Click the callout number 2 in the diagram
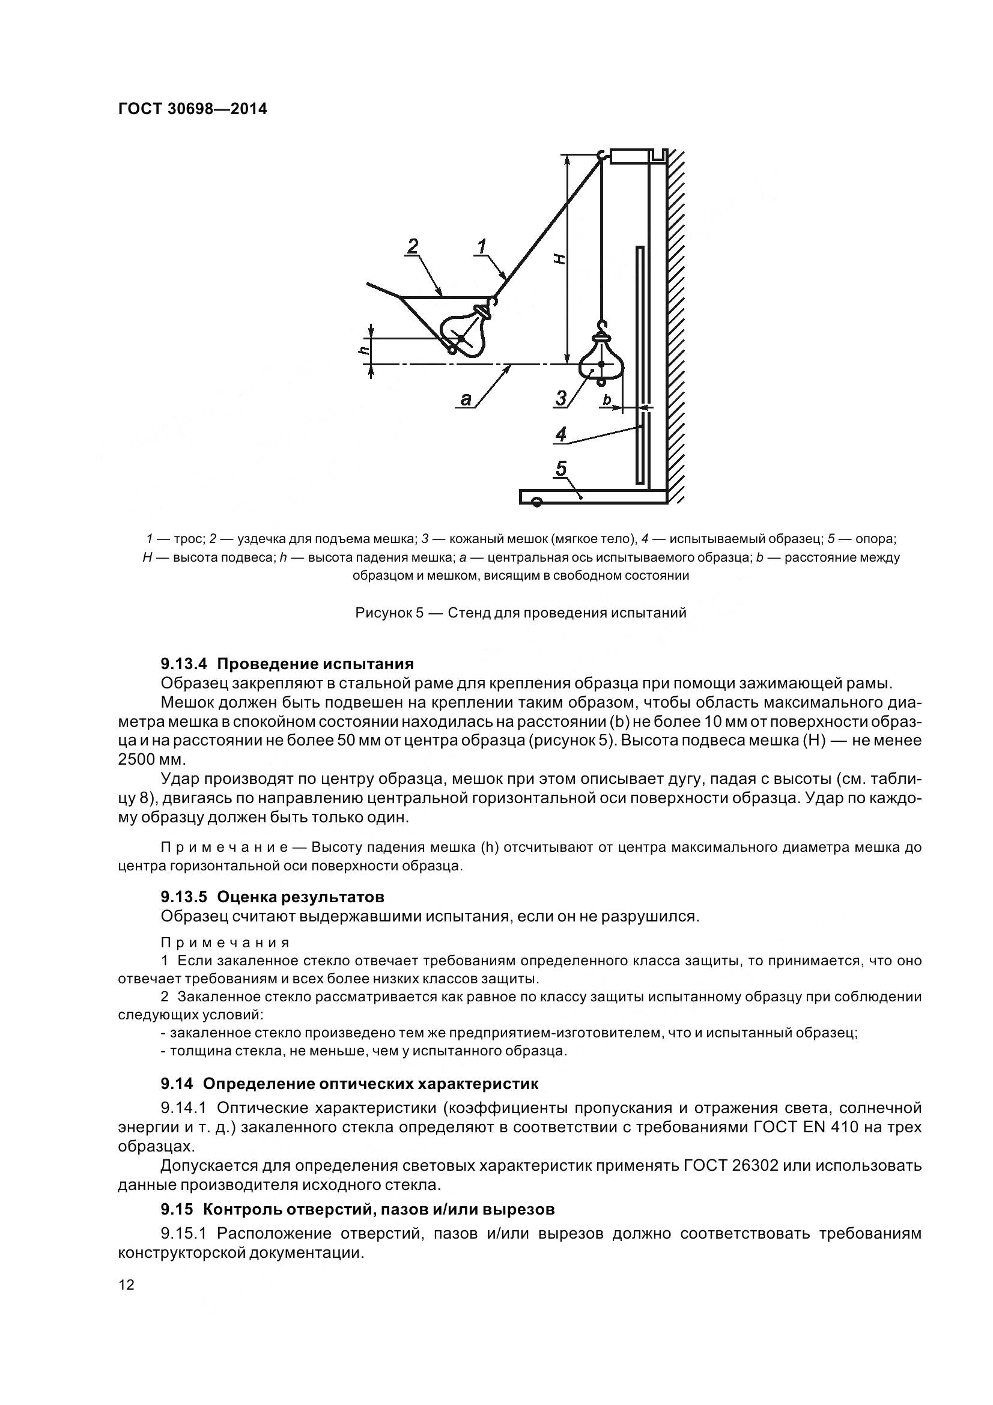coord(413,247)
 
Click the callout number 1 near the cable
coord(482,247)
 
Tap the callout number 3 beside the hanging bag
coord(561,398)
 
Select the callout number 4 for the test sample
coord(560,434)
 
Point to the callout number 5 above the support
coord(560,469)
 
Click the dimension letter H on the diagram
coord(559,259)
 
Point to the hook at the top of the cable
coord(601,155)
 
